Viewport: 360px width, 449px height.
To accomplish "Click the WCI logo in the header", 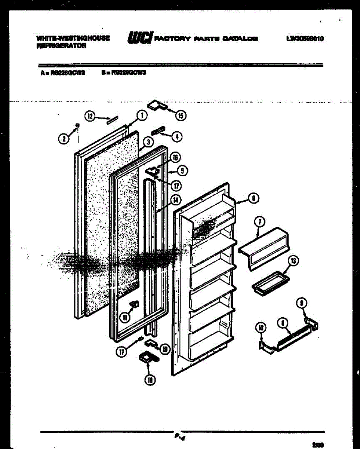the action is tap(140, 38).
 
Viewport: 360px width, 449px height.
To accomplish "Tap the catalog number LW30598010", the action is tap(305, 39).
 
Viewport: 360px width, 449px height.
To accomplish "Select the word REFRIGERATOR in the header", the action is tap(61, 46).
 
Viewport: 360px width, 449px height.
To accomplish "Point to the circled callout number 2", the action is tap(64, 138).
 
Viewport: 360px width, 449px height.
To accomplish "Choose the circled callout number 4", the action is tap(177, 137).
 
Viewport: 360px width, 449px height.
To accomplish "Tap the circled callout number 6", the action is tap(253, 199).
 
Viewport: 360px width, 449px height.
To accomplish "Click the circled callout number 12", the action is tap(89, 116).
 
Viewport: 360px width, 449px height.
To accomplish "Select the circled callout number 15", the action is tap(180, 116).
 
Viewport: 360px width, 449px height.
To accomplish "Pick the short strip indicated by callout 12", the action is tap(112, 119).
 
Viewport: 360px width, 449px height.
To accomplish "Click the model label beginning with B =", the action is tap(123, 73).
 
